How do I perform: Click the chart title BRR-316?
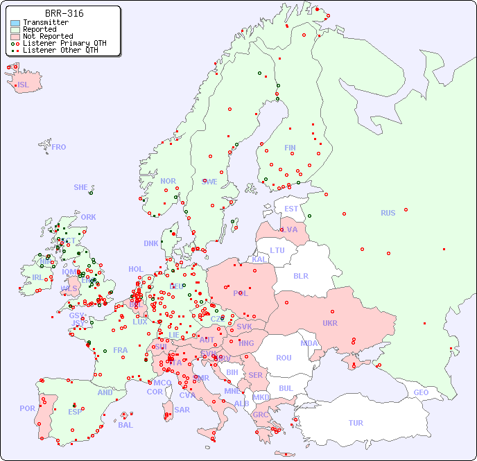64,13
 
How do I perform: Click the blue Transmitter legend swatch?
15,23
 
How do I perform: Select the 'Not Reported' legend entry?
48,36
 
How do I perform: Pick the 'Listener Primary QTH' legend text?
64,43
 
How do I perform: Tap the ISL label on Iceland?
23,85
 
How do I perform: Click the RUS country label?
388,213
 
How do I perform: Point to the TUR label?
356,423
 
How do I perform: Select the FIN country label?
290,148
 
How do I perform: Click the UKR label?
329,323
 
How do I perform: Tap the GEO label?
421,392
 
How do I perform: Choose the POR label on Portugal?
27,408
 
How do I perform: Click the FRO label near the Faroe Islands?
58,147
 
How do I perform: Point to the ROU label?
284,358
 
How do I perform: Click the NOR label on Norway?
168,181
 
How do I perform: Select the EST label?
291,209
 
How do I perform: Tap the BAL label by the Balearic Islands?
125,425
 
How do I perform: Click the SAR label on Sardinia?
182,410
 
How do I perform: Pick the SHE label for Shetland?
80,187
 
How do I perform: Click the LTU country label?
277,250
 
